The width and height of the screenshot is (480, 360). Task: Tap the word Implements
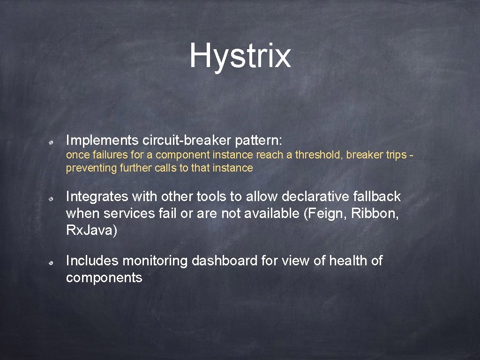[x=102, y=140]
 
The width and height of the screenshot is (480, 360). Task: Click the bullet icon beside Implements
[x=54, y=141]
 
